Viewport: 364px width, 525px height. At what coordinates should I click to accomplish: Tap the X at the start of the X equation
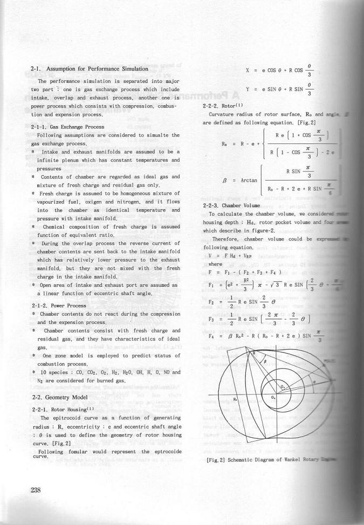coord(247,70)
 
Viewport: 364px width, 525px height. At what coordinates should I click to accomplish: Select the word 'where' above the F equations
coord(215,264)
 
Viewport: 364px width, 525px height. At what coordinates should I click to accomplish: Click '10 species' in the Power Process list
coord(52,372)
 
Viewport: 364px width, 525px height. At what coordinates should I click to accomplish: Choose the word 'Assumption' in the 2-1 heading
coord(63,69)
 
